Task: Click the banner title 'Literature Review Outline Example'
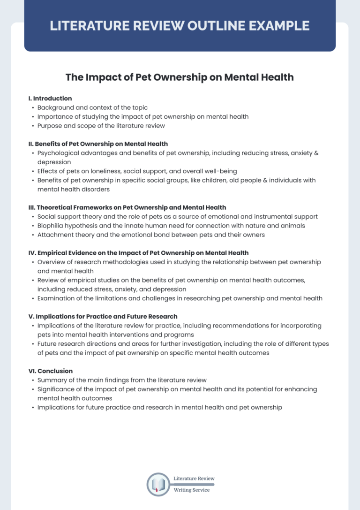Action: (180, 26)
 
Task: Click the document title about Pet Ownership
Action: (180, 77)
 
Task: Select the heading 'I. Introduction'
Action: (50, 99)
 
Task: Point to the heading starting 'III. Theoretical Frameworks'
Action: (127, 207)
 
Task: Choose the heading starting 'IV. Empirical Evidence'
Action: (138, 253)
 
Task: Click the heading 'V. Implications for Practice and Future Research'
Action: (103, 316)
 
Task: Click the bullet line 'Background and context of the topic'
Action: (92, 107)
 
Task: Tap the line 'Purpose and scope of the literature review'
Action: (101, 126)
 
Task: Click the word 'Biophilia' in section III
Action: (52, 226)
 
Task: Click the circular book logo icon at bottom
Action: (158, 484)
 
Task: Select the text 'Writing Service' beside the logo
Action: (192, 490)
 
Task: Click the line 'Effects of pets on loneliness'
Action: (137, 171)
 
